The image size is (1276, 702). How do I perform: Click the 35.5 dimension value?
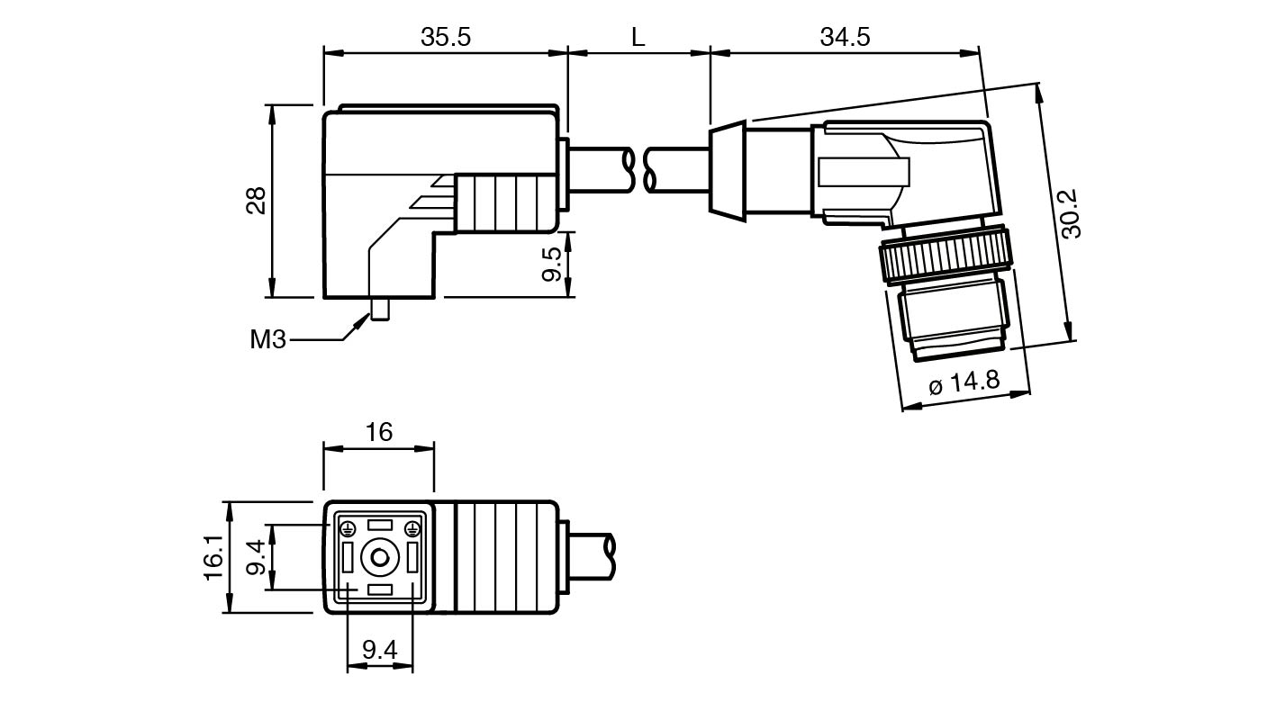point(446,37)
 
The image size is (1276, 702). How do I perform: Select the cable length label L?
point(638,37)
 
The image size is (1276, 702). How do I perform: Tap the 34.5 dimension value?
point(845,37)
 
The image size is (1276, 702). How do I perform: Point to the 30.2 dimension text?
point(1071,213)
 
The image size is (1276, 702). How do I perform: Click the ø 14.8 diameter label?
point(964,382)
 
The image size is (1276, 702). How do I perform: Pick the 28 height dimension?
point(256,200)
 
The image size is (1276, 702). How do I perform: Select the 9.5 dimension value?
point(552,264)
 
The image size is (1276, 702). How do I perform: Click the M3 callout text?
point(267,340)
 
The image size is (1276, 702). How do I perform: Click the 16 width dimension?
point(379,432)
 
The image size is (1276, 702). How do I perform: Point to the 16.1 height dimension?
point(213,558)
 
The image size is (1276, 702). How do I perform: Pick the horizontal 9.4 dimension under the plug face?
point(379,650)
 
